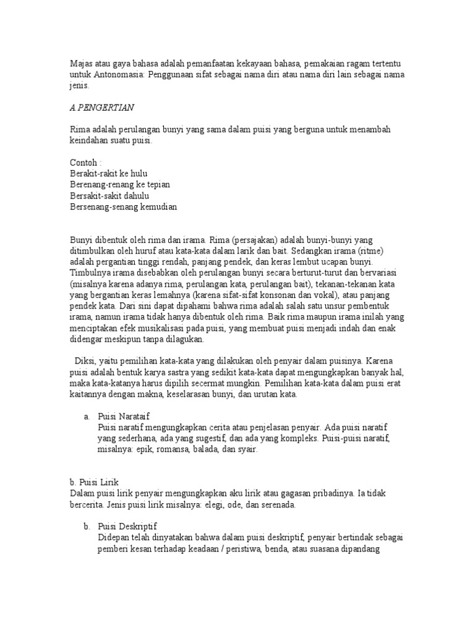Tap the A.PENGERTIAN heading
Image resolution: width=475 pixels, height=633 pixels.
pyautogui.click(x=101, y=107)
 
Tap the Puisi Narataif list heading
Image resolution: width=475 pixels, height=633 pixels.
pyautogui.click(x=124, y=416)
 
